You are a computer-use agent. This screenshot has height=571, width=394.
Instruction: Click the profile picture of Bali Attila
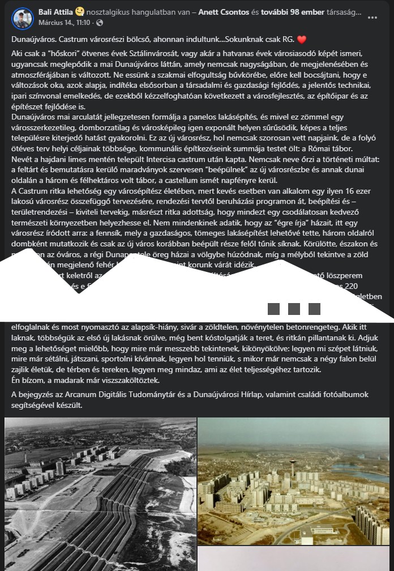(23, 19)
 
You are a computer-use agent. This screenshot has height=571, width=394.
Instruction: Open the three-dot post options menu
(372, 18)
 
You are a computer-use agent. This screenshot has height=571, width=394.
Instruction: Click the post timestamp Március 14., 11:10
(64, 23)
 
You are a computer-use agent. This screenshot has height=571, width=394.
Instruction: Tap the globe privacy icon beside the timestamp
(100, 23)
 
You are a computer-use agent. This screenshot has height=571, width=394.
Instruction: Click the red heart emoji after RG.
(302, 40)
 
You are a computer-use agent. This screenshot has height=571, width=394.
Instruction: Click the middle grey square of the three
(294, 309)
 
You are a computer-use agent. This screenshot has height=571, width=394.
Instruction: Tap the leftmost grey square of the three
(274, 309)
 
